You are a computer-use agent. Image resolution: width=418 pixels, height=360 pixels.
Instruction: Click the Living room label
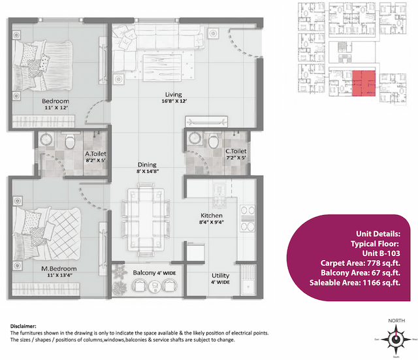174,93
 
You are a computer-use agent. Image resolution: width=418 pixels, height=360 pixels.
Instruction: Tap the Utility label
220,276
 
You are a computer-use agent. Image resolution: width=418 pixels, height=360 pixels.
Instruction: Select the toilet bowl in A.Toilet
71,141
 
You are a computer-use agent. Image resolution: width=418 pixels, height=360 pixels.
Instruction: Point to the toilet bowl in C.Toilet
212,140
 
